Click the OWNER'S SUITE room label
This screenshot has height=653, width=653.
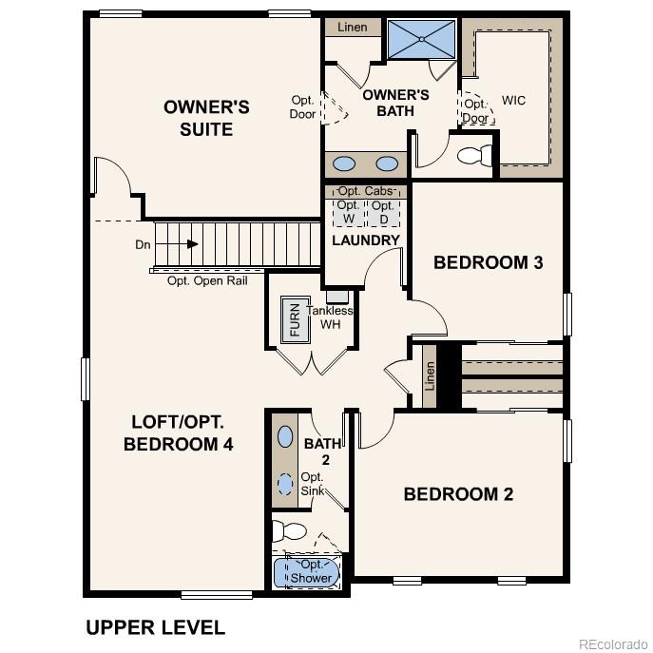tap(206, 118)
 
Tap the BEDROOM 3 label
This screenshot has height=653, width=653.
tap(488, 262)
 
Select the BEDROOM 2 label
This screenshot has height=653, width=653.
tap(458, 494)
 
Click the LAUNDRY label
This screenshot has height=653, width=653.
tap(366, 240)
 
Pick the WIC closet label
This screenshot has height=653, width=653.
tap(513, 101)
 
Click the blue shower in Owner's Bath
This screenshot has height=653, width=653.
tap(422, 38)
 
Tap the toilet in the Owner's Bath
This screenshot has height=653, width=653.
tap(471, 153)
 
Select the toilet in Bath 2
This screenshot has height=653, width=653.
tap(289, 530)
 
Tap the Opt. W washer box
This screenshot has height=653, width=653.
tap(348, 211)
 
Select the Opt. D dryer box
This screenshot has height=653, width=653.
tap(383, 211)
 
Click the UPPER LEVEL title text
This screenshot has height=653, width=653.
tap(155, 627)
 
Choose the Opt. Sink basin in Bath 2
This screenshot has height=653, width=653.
tap(285, 483)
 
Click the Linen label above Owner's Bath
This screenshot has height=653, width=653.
tap(352, 28)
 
